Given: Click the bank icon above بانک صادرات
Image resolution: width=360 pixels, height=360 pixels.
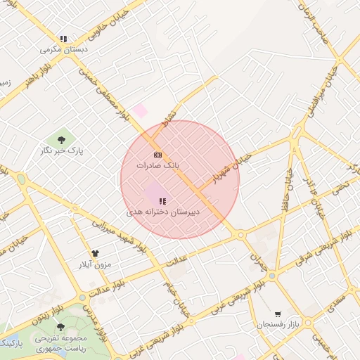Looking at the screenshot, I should pos(157,155).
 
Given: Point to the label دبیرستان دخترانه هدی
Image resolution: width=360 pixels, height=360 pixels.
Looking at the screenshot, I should pos(163,212).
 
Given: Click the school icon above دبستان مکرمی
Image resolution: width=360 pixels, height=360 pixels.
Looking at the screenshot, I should pos(63,39).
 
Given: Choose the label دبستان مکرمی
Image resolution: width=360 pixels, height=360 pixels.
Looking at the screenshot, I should pos(64,50).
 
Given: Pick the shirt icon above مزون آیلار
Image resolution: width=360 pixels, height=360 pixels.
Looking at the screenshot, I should pos(96,253).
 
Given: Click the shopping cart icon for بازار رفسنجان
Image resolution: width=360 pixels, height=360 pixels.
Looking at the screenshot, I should pos(278,314).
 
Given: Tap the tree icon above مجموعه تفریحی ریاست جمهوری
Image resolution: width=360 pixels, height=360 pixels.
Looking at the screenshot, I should pos(60,327).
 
